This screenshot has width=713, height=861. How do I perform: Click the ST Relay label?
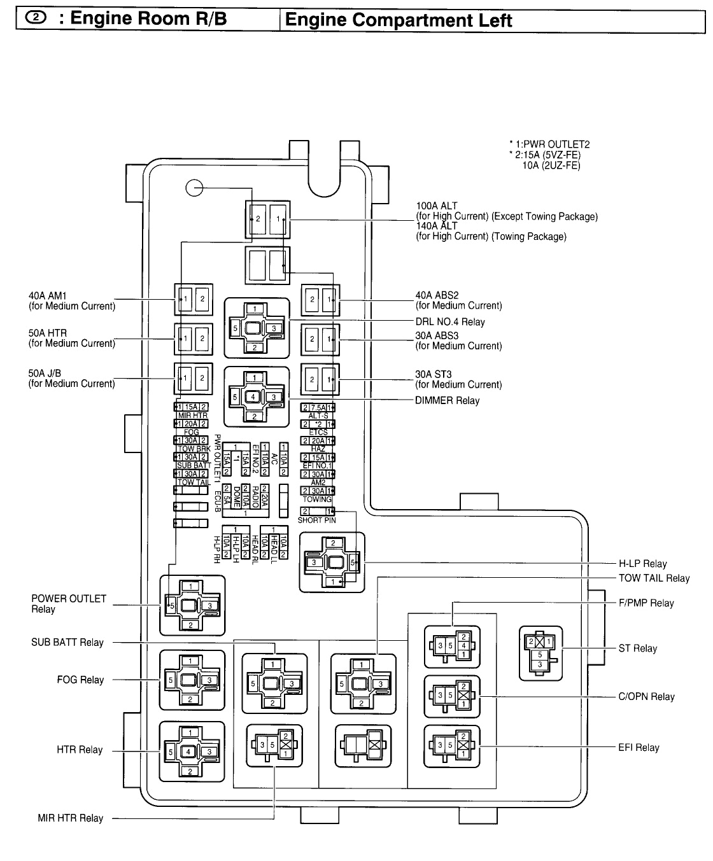point(637,648)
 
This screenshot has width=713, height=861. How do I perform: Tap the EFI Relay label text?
point(639,748)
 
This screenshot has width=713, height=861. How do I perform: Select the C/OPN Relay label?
point(646,697)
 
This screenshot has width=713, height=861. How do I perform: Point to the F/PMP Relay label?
point(646,603)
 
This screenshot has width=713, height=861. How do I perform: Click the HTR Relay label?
point(80,750)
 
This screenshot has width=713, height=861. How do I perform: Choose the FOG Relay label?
point(80,680)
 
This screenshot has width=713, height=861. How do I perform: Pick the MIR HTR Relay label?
point(70,818)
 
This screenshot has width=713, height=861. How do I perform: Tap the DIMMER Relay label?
point(447,401)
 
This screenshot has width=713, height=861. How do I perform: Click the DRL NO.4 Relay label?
point(449,322)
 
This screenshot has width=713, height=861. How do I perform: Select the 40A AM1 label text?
point(48,296)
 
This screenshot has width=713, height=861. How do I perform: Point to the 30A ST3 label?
point(434,375)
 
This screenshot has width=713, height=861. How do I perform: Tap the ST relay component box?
point(540,653)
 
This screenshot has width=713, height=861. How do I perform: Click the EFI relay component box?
point(452,746)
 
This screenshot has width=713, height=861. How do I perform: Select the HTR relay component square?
point(192,752)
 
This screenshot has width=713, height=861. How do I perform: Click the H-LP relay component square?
point(332,562)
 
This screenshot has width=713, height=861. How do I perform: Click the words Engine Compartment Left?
point(399,20)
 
